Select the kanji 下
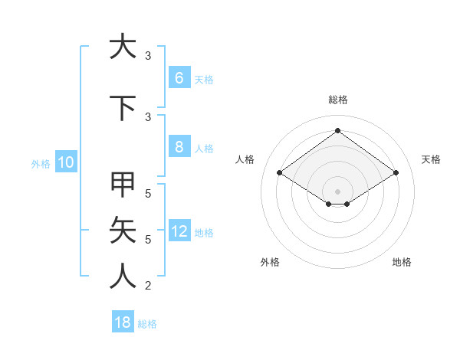click(121, 106)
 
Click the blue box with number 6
click(179, 78)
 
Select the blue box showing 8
click(179, 147)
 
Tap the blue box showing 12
click(179, 231)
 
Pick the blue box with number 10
click(65, 162)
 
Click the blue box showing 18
click(123, 322)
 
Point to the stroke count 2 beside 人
click(148, 286)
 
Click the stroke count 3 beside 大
click(148, 55)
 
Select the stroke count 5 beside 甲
click(148, 194)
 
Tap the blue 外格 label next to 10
click(40, 163)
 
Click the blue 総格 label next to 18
click(147, 324)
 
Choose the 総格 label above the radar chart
click(337, 100)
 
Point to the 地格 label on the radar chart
click(402, 262)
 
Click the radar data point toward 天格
click(396, 173)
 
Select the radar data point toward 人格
click(279, 173)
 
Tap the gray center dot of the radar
click(337, 190)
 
